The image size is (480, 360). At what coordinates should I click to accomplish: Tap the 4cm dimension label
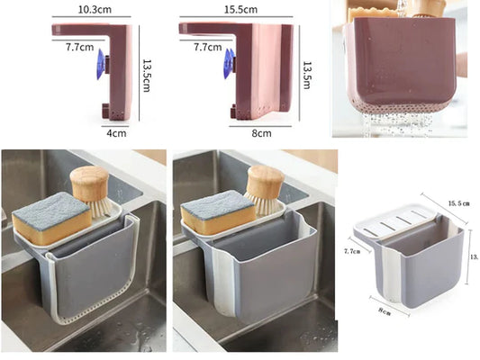tap(117, 133)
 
